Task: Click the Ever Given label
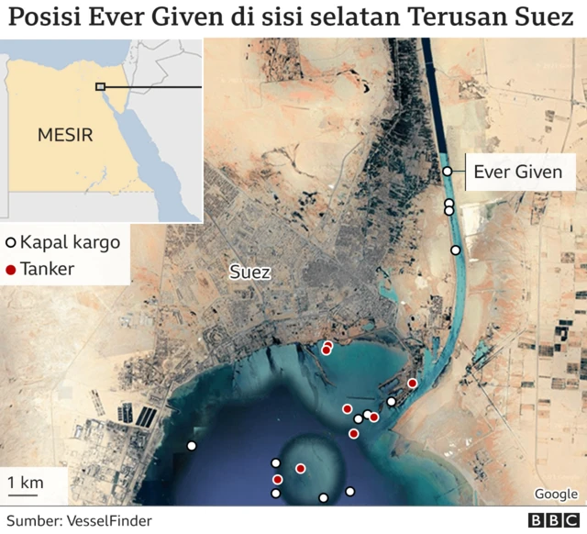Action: coord(517,172)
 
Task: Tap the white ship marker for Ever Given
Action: coord(447,172)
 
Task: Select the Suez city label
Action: coord(249,273)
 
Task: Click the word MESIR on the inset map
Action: coord(65,136)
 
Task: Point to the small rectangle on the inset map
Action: coord(100,87)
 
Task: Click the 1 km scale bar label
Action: coord(25,483)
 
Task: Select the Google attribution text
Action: coord(556,494)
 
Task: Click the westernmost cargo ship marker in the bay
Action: coord(192,446)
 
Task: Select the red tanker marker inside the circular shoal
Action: coord(300,469)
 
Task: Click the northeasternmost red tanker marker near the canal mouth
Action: coord(413,383)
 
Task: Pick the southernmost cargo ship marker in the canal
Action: coord(455,250)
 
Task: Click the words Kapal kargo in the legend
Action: coord(70,243)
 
